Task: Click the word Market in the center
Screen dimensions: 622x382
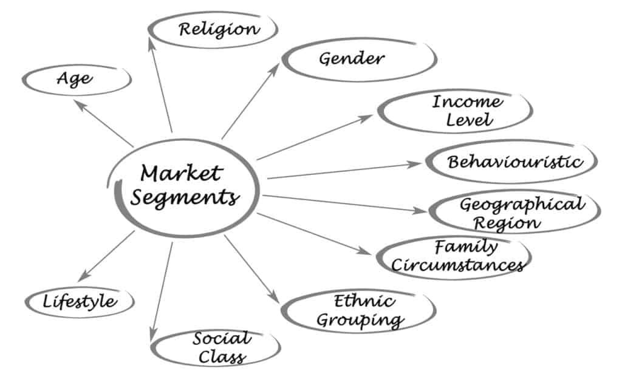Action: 181,173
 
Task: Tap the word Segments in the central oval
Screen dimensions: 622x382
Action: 185,197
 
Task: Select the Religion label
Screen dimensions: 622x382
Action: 219,29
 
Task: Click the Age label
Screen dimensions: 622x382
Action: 75,78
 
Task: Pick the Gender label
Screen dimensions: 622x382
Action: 352,59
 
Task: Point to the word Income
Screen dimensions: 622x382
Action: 467,101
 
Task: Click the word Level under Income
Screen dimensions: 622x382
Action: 470,120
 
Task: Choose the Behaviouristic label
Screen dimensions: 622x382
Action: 515,162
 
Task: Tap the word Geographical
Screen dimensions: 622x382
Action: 522,205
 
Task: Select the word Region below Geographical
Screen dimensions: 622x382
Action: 507,223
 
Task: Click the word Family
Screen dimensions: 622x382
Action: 466,247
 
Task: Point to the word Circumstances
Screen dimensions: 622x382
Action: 458,265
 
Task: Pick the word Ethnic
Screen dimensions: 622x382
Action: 364,301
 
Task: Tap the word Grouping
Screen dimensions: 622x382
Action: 360,319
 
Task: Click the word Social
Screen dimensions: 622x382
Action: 222,338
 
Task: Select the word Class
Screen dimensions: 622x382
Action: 222,356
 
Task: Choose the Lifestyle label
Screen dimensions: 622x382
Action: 80,301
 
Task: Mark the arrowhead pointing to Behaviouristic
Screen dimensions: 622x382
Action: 414,164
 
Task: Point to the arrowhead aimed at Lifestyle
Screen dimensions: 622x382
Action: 84,276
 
